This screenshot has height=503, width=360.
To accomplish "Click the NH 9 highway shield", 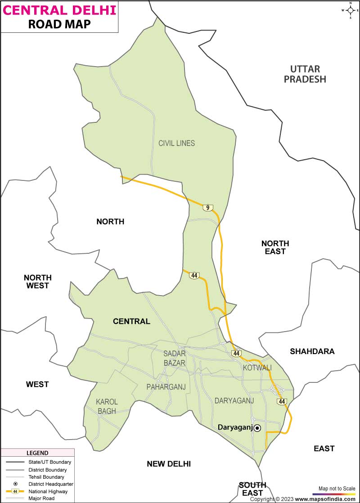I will pyautogui.click(x=207, y=207).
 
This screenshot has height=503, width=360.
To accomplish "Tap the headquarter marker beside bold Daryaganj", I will pyautogui.click(x=257, y=428).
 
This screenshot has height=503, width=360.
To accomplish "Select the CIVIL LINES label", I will pyautogui.click(x=176, y=143).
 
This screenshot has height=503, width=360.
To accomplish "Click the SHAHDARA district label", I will pyautogui.click(x=312, y=351).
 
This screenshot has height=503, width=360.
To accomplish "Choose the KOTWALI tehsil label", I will pyautogui.click(x=257, y=368).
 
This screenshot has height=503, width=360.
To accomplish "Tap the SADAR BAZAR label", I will pyautogui.click(x=175, y=358).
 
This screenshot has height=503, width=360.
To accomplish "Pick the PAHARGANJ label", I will pyautogui.click(x=166, y=387).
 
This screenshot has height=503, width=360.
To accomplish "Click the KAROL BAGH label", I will pyautogui.click(x=107, y=406).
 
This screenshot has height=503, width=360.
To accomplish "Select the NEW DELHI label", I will pyautogui.click(x=169, y=464).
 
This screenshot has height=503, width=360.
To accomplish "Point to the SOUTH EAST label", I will pyautogui.click(x=252, y=489).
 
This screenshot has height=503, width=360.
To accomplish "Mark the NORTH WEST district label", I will pyautogui.click(x=38, y=282).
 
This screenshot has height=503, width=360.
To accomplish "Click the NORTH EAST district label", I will pyautogui.click(x=275, y=247).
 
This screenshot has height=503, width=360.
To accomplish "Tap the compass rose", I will pyautogui.click(x=350, y=10).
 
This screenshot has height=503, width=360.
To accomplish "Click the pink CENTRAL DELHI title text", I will pyautogui.click(x=59, y=9).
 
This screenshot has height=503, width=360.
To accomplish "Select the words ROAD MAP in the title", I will pyautogui.click(x=59, y=24).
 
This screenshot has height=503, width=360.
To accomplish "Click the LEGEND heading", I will pyautogui.click(x=37, y=453).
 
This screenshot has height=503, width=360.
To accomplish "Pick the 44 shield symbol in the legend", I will pyautogui.click(x=15, y=491).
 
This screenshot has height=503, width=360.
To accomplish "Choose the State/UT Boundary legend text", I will pyautogui.click(x=49, y=462).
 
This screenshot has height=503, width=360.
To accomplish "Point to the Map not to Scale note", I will pyautogui.click(x=337, y=489).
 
